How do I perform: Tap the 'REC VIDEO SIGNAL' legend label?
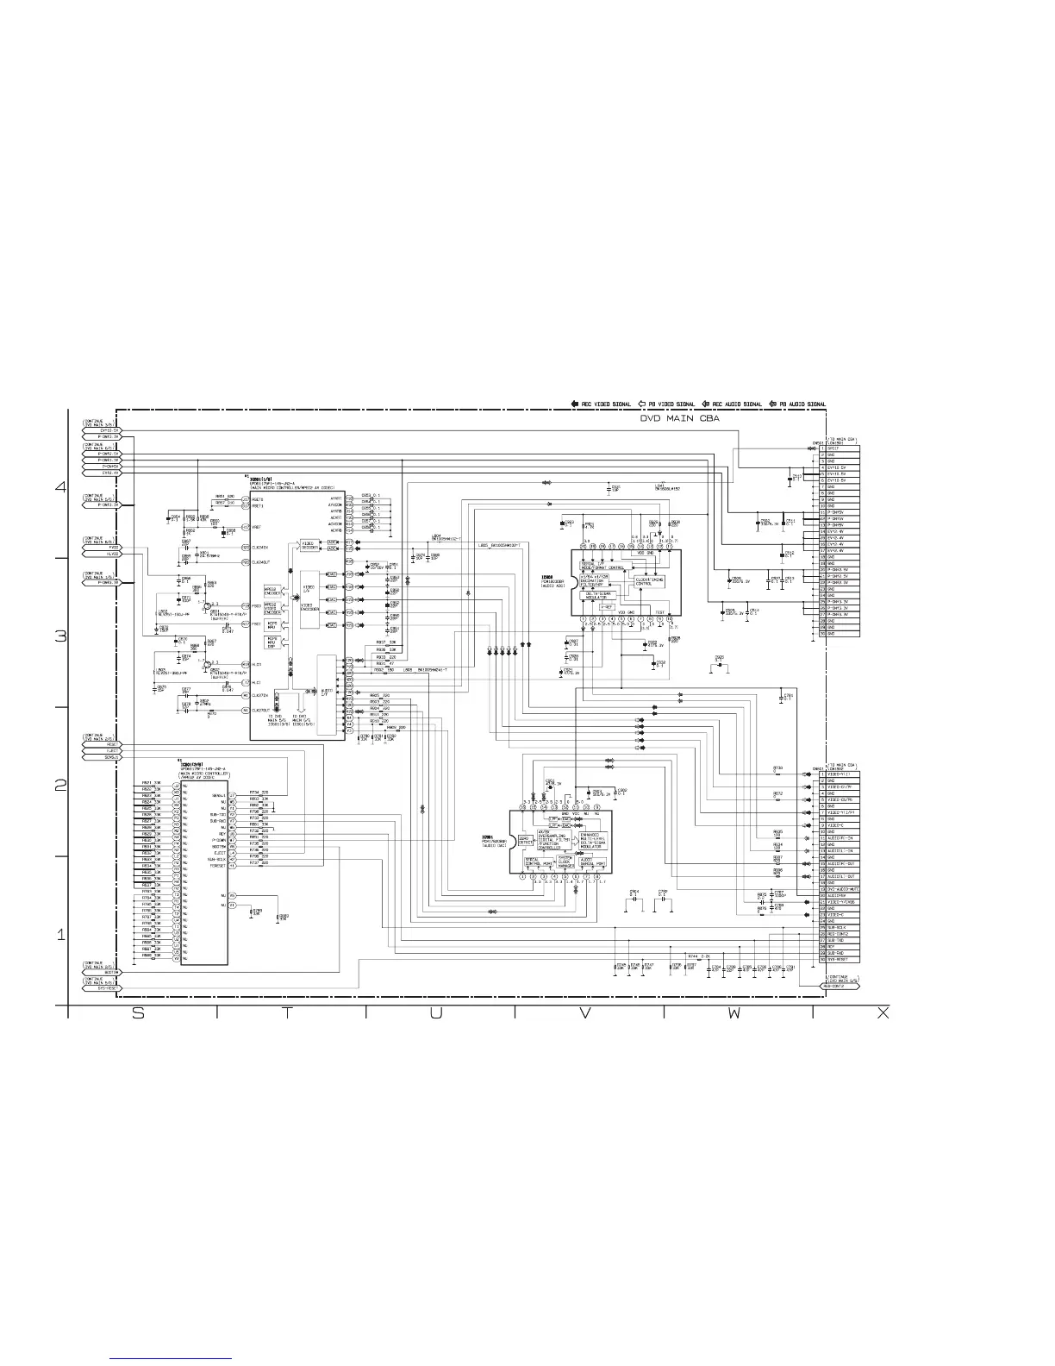tap(605, 404)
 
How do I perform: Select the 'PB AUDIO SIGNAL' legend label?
tap(799, 404)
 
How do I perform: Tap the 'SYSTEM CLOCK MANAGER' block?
tap(565, 862)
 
